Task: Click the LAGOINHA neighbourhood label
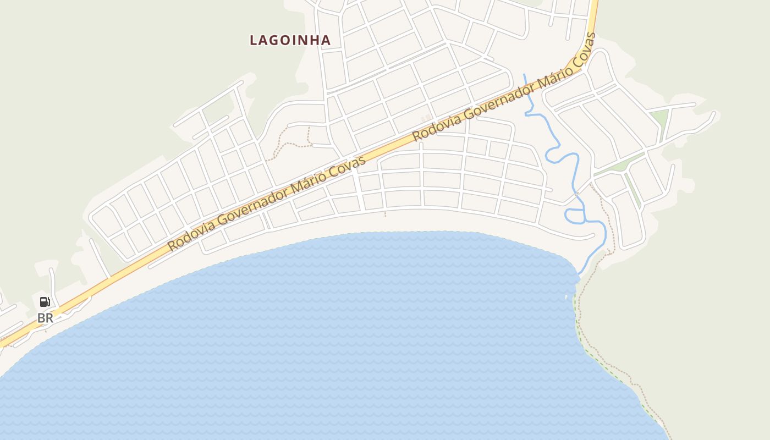pos(290,40)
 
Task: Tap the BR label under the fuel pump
pos(45,318)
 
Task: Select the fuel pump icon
pos(45,301)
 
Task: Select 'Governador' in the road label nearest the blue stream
pos(494,99)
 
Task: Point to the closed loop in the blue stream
pos(575,216)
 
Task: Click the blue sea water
pos(330,341)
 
